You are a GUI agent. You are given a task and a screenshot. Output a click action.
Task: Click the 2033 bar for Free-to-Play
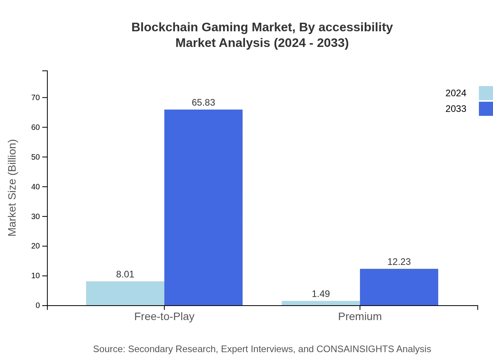tap(203, 207)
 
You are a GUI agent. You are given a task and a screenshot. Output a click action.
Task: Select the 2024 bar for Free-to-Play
tap(125, 293)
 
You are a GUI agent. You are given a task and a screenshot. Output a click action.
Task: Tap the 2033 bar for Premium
tap(399, 287)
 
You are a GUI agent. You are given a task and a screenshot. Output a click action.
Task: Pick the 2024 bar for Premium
tap(321, 303)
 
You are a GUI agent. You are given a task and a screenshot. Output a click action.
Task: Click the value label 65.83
tap(203, 103)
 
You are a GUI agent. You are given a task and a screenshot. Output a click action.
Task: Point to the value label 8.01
tap(125, 274)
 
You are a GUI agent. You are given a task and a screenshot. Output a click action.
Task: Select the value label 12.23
tap(399, 262)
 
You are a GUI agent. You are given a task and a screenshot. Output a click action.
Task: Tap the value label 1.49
tap(321, 294)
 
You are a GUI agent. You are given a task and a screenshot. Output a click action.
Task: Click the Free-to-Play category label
tap(164, 316)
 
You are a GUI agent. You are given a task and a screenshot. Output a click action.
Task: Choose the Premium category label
tap(360, 316)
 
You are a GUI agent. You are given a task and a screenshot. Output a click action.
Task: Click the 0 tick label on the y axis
tap(38, 306)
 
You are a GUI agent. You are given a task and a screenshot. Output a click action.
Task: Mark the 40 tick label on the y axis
tap(36, 187)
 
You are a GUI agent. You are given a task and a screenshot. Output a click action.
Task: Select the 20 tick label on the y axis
tap(36, 246)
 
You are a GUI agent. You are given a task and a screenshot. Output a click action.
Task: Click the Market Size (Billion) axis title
tap(12, 188)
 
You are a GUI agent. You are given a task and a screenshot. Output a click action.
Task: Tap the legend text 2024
tap(456, 93)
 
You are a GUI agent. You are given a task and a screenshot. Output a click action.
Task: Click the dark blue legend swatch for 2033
tap(486, 109)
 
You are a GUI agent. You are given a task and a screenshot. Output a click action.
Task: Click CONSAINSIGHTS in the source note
tap(355, 349)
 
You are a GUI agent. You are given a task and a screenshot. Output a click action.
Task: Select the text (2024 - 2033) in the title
tap(311, 43)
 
